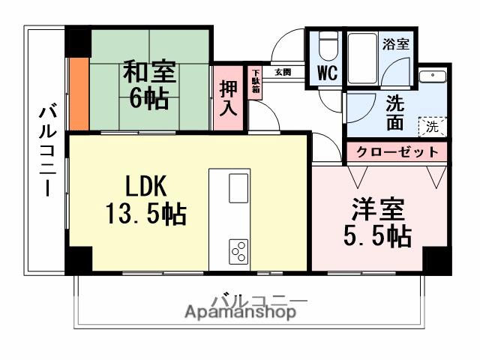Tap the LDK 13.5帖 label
(142, 201)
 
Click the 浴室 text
(397, 43)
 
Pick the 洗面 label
(394, 113)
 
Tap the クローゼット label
(397, 151)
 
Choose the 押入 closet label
(228, 98)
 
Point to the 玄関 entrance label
(282, 73)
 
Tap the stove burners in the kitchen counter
(239, 250)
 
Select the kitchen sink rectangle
(238, 187)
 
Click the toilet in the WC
(327, 46)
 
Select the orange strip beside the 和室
(79, 94)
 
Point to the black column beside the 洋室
(438, 259)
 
